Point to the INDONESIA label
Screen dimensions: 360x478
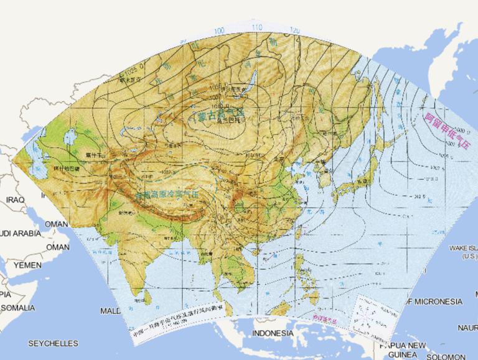coord(273,333)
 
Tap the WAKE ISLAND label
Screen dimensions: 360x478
coord(463,252)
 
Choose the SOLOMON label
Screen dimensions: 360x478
coord(451,357)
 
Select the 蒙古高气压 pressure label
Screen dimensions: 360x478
coord(220,114)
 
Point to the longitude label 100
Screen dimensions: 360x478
coord(219,30)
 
